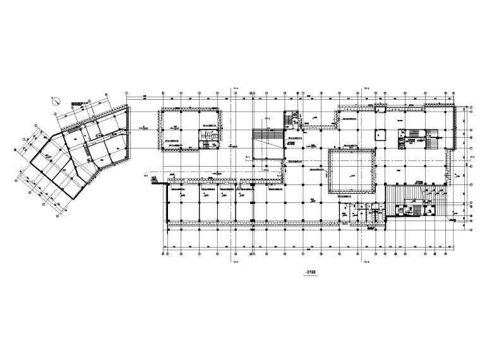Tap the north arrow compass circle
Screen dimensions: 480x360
point(56,99)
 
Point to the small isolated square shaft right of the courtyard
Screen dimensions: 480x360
point(381,135)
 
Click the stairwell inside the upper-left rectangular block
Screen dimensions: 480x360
point(207,136)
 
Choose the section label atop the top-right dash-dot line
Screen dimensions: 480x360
point(365,88)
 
